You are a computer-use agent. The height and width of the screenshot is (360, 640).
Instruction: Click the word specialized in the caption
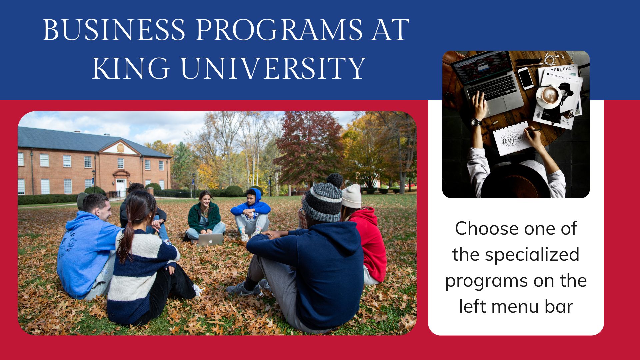tap(532, 255)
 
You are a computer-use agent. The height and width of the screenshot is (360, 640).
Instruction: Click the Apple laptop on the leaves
tap(210, 239)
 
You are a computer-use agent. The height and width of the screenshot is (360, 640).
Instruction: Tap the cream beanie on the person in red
tap(352, 196)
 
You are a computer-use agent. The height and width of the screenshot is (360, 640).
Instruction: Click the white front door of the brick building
tap(120, 187)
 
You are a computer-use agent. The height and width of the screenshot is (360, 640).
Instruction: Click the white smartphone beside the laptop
tap(525, 78)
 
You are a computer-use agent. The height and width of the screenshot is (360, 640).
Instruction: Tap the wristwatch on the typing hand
tap(477, 122)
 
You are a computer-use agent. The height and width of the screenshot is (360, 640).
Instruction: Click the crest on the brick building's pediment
tap(121, 147)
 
